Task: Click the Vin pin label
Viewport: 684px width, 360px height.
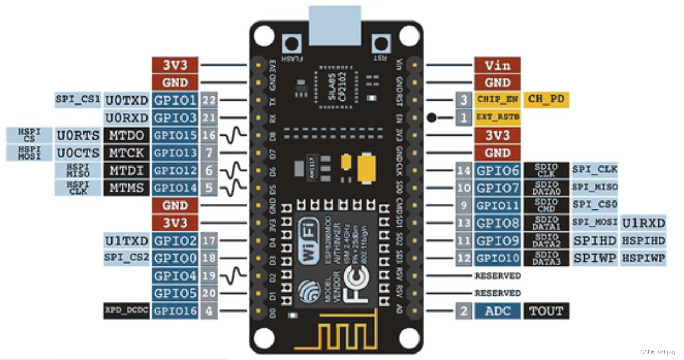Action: click(497, 65)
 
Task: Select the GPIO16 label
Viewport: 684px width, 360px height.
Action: click(175, 311)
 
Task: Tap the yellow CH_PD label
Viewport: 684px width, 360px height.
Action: click(546, 100)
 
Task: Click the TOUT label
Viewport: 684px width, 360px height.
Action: click(546, 311)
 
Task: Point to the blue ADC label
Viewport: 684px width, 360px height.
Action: click(497, 311)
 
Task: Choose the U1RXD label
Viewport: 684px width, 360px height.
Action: click(644, 223)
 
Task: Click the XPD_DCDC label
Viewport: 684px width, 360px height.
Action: click(126, 311)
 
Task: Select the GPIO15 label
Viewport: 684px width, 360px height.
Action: click(175, 135)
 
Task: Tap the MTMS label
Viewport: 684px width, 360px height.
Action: click(127, 188)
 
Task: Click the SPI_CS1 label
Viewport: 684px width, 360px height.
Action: click(78, 100)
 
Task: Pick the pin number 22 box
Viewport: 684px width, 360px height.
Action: click(209, 100)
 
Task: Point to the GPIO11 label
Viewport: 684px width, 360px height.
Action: click(497, 205)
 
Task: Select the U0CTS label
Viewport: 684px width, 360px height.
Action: click(78, 153)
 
